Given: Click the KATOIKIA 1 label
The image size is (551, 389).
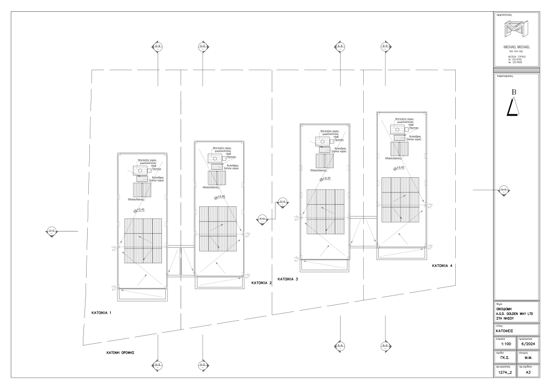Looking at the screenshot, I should coord(101,312).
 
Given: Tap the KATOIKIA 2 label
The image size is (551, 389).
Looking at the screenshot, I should coord(262,283).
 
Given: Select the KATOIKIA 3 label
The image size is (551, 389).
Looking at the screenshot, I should coord(287,279).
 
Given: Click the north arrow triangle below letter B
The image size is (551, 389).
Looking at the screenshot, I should coord(514,109).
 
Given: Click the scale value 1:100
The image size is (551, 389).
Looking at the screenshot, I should coord(505,344).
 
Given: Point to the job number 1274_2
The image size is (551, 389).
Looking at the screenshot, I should coord(505,371).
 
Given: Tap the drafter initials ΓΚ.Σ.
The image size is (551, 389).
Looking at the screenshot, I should coord(505,357).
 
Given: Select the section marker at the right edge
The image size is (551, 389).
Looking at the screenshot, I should coord(504,190).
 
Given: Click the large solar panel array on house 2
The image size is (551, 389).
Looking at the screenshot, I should coord(218,229).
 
